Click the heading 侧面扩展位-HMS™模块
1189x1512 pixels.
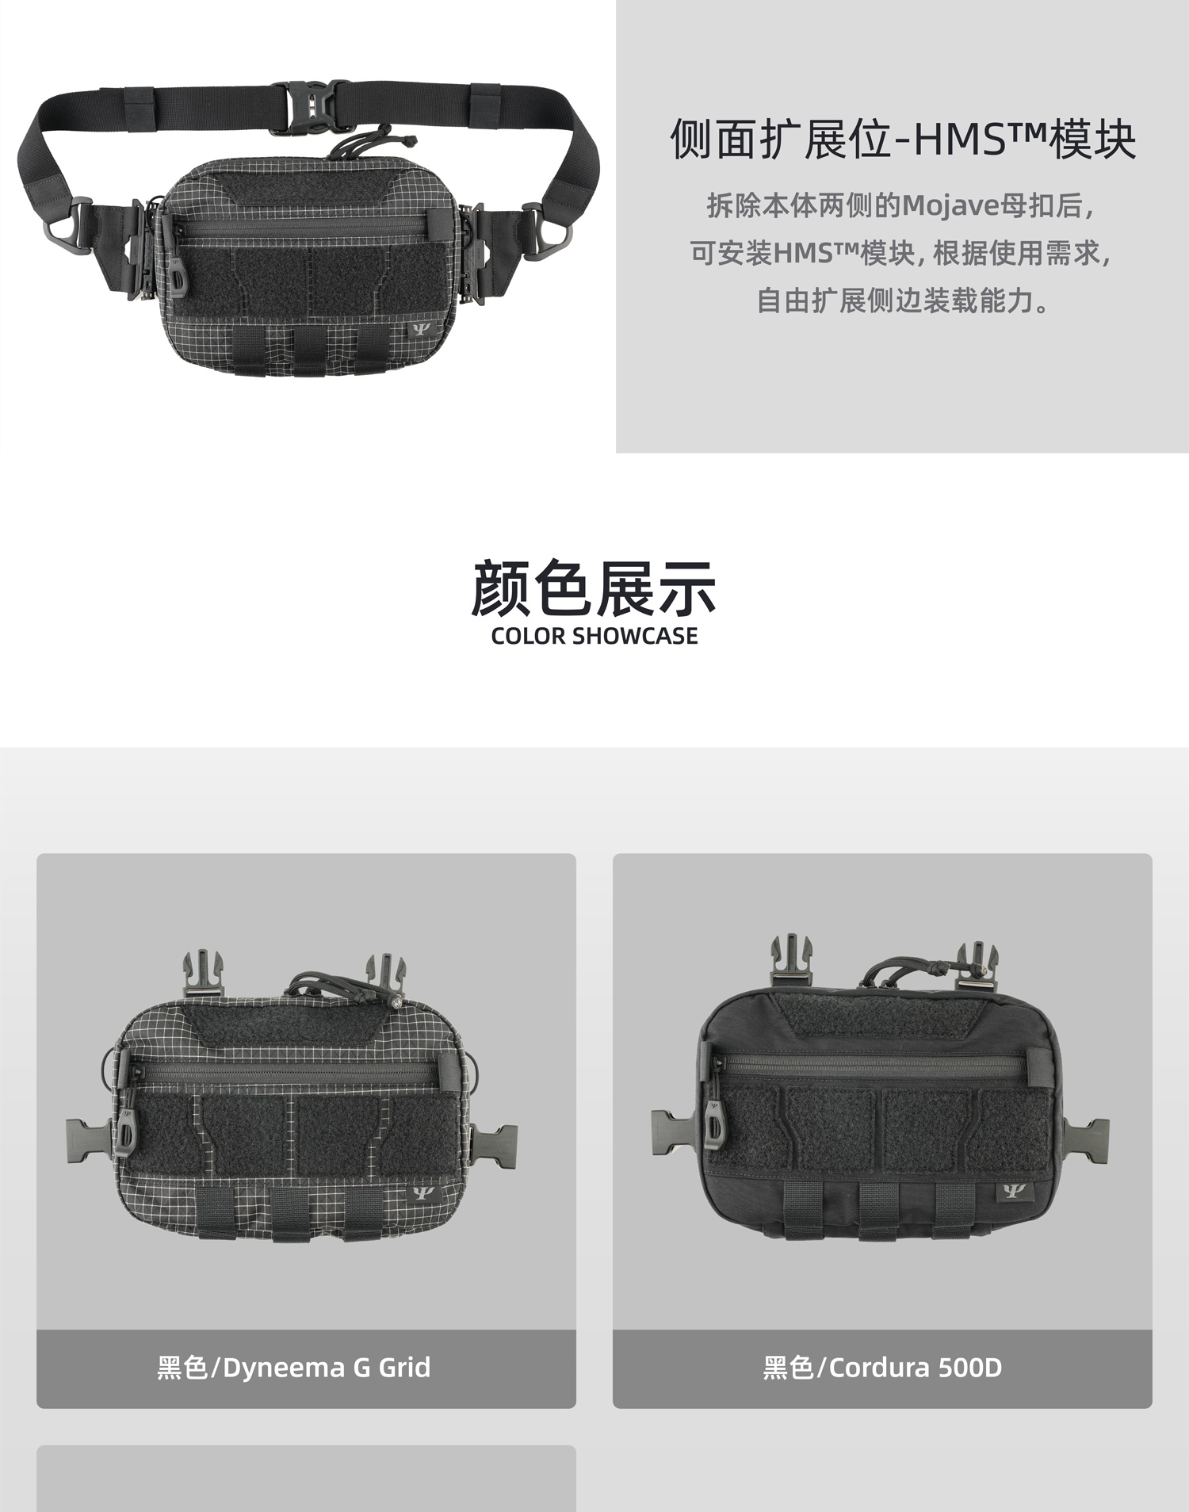pos(903,140)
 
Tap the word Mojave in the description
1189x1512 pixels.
pos(950,206)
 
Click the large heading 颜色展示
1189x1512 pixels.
pos(594,588)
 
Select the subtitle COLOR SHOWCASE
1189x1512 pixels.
pos(594,636)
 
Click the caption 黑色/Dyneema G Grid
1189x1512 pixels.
pos(294,1368)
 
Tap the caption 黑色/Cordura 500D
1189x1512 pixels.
pos(882,1368)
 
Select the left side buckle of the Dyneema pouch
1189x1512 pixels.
pos(89,1142)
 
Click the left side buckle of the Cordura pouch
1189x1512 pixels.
pos(674,1132)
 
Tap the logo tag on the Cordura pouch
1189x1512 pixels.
pos(1011,1192)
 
